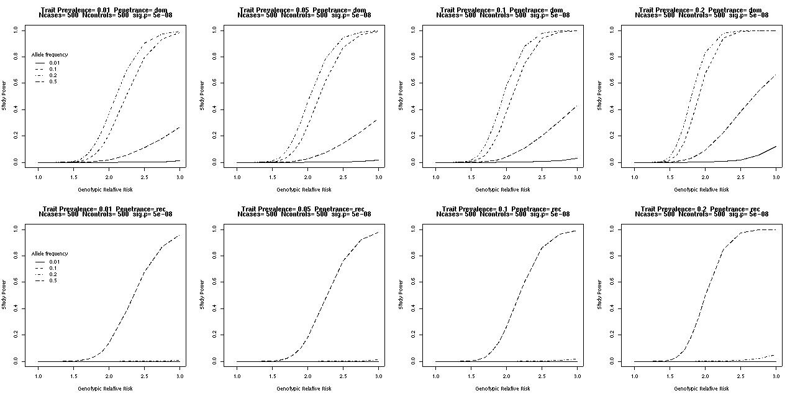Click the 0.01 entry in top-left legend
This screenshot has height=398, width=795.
54,63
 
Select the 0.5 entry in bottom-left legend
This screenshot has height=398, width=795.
54,281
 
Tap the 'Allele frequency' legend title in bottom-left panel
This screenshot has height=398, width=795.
50,254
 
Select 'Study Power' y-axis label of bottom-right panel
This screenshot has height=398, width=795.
599,295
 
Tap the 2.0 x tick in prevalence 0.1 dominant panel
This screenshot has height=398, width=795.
506,177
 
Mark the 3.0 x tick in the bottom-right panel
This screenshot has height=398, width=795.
776,376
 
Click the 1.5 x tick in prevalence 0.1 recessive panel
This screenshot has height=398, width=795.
471,376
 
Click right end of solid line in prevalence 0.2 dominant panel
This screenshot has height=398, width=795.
776,147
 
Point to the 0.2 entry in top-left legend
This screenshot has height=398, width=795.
54,75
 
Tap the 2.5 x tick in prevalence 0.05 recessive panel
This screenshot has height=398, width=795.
343,376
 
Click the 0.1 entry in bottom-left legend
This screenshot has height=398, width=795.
54,268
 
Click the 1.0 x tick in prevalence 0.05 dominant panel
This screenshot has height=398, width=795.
237,177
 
